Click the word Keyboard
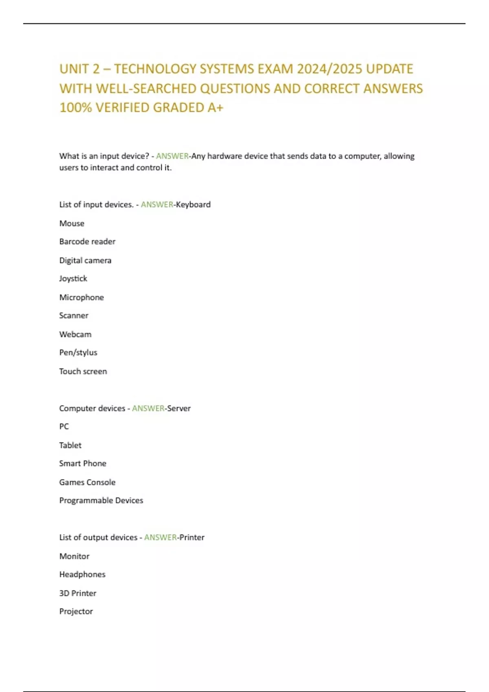pos(193,204)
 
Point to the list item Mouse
pos(72,223)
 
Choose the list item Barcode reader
pos(87,241)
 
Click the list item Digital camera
pos(85,260)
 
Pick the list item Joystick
pos(73,278)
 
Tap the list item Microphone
pos(81,297)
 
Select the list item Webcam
pos(75,334)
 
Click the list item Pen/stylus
pos(78,353)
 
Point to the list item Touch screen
pos(83,371)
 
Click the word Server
pos(179,408)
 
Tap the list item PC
pos(64,427)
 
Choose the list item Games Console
pos(87,482)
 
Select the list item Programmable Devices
pos(101,500)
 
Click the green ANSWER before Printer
pos(161,537)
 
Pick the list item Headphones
pos(82,574)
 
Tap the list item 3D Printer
pos(78,593)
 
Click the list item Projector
pos(76,611)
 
